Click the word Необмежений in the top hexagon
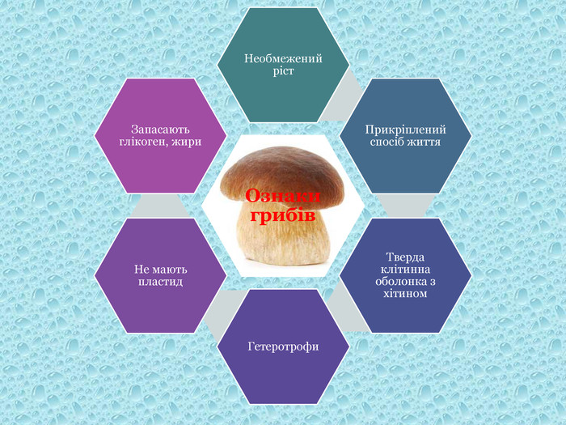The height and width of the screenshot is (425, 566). tap(283, 59)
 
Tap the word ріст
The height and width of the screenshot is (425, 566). tap(283, 71)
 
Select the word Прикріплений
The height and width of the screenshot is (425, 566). tap(405, 130)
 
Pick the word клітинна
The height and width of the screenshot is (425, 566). tap(405, 269)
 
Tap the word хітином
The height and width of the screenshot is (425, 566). tap(405, 293)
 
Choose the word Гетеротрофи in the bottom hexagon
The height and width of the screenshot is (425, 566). tap(283, 346)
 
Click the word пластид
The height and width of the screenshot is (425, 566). tap(160, 282)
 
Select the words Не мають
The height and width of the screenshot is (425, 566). tap(160, 270)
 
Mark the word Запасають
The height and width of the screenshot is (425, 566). tap(160, 130)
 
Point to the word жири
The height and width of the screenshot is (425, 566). tap(186, 142)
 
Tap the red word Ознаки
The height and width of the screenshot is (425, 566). tap(283, 198)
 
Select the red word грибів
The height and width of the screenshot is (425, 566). tap(282, 216)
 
